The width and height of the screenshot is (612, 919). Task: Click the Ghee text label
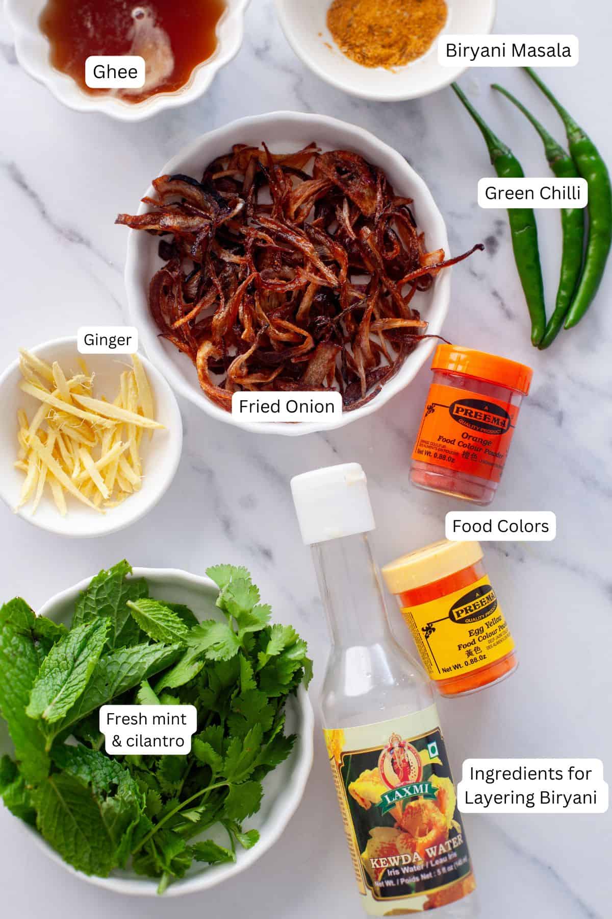tap(115, 72)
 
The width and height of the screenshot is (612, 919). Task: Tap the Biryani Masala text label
tap(508, 51)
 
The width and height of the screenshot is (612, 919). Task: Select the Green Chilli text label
tap(532, 193)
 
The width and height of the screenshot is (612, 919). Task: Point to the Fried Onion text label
tap(287, 406)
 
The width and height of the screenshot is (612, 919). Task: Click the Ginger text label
tap(108, 340)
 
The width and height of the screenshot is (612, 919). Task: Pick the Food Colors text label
tap(500, 526)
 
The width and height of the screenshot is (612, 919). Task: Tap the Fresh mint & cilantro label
tap(147, 730)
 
